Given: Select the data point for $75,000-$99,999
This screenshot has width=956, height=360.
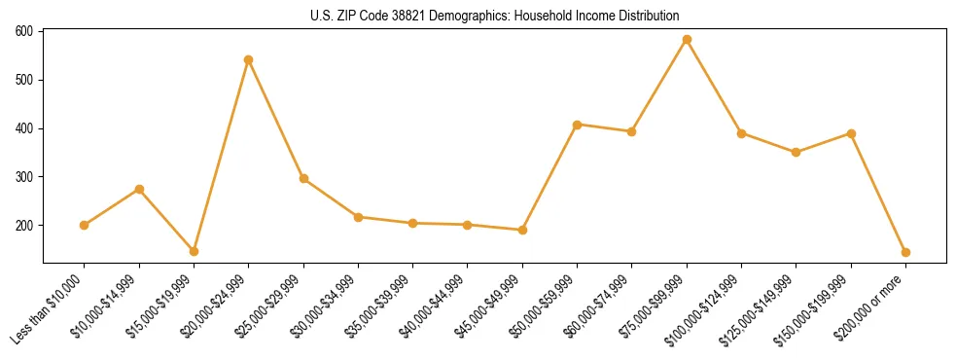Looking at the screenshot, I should point(687,40).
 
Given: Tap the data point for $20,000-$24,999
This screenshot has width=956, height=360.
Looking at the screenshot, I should point(249,59).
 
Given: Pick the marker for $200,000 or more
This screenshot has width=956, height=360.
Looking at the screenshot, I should point(905,252).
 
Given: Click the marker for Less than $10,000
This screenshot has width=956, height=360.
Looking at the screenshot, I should point(85,225).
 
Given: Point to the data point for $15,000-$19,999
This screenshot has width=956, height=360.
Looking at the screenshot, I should point(194,251).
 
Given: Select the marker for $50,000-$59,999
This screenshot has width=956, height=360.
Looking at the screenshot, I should point(578,125).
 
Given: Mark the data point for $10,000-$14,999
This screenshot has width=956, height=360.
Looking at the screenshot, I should point(139,189).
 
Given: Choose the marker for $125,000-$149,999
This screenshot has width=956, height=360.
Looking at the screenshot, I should point(797,152).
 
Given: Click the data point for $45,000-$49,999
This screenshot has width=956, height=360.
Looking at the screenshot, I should point(522,230).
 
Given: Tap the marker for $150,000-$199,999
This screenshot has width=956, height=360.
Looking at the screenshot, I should point(851,133).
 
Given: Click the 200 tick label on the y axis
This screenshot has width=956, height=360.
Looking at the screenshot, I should point(25,225).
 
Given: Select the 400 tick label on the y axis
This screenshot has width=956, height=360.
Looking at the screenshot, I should point(25,128).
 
